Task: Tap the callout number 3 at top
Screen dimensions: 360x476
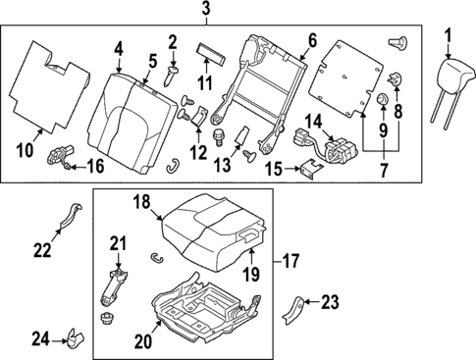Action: pos(206,11)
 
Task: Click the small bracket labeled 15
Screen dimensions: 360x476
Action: pos(309,172)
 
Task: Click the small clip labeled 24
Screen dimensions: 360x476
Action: pos(74,340)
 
